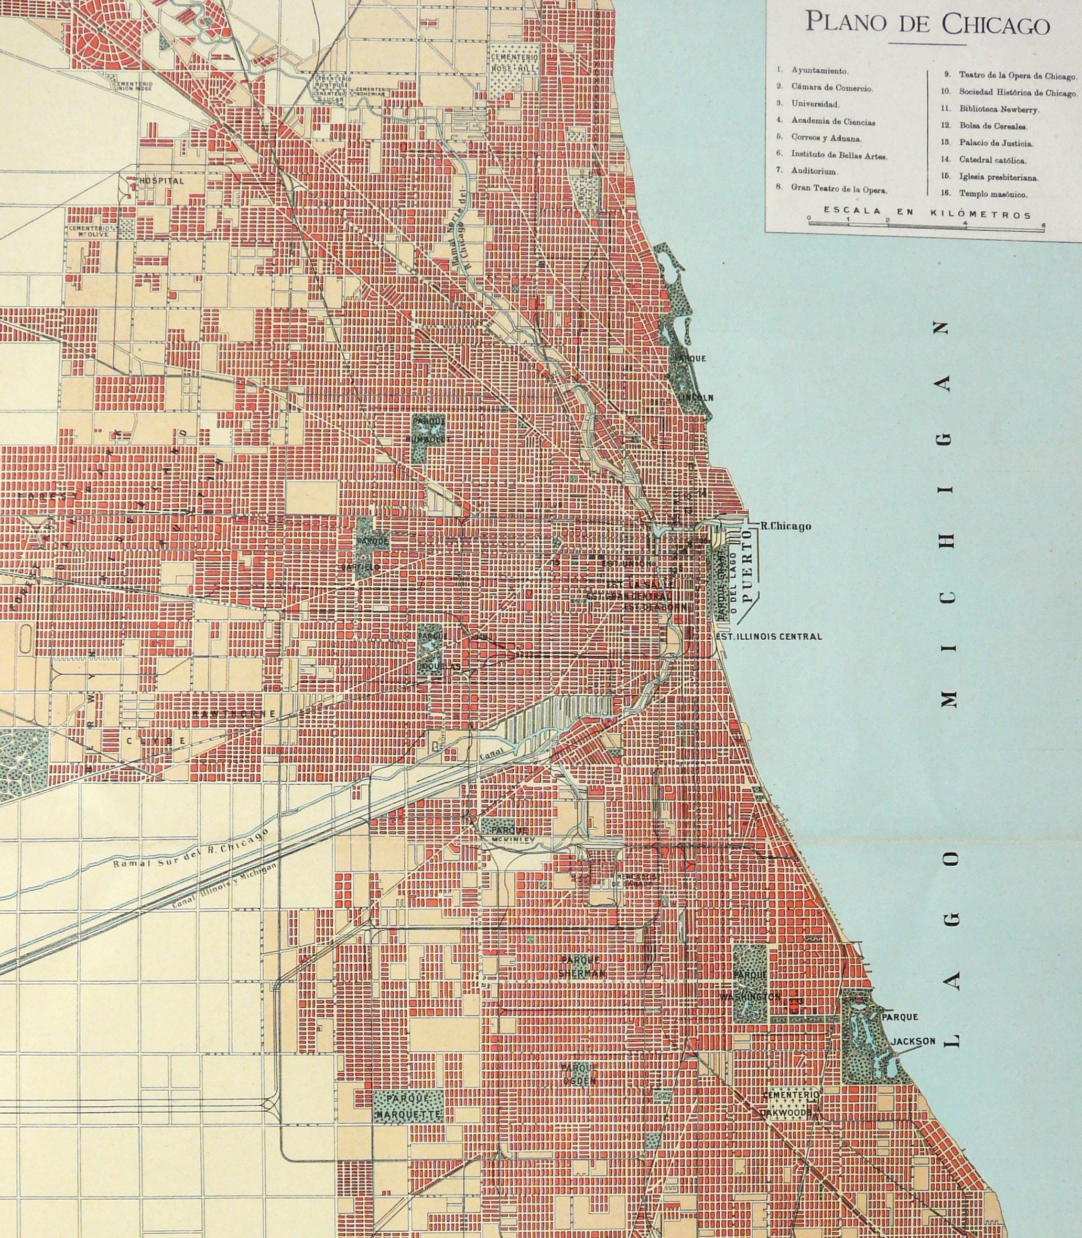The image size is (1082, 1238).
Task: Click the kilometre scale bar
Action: click(925, 223)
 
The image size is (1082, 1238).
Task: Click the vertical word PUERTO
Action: click(748, 568)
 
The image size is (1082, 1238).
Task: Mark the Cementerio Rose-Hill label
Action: click(514, 63)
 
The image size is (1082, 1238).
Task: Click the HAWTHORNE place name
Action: click(234, 714)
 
